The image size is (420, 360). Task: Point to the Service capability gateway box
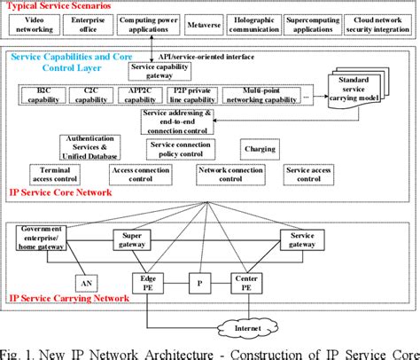pyautogui.click(x=159, y=72)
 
